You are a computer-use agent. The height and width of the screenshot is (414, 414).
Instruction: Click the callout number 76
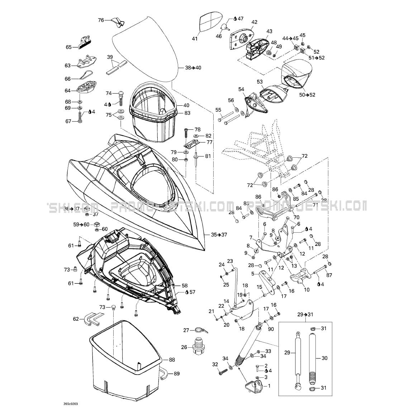coord(101,20)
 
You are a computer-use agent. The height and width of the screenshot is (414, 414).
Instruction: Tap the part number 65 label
coord(68,47)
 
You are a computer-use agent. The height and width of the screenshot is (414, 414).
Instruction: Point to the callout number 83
coord(187,113)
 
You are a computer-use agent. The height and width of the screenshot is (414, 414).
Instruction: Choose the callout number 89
coord(177,373)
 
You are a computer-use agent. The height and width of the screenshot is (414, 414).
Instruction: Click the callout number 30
coord(325,358)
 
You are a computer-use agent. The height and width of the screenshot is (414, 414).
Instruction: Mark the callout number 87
coord(329,275)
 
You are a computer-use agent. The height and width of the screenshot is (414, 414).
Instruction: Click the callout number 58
coord(184,285)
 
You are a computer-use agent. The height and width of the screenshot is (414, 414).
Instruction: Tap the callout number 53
coord(260,82)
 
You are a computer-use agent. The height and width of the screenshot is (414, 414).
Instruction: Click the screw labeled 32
coord(223,371)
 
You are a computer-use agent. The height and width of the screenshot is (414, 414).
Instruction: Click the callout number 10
coord(306,290)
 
